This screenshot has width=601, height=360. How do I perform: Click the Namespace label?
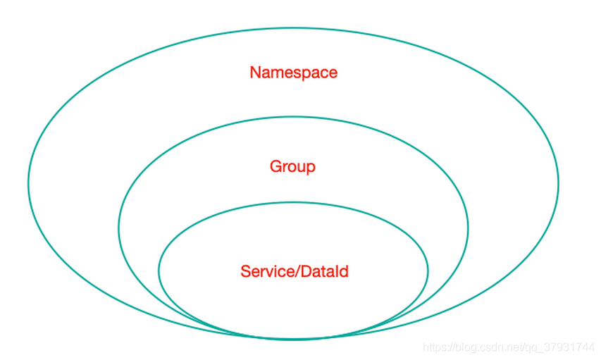coord(293,73)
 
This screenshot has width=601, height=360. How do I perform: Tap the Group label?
coord(292,167)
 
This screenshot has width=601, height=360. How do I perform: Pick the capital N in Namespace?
coord(255,73)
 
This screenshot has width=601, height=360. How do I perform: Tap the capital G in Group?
coord(275,167)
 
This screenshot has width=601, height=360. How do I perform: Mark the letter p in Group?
coord(311,169)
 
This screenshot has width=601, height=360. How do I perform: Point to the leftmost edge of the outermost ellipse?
coord(29,183)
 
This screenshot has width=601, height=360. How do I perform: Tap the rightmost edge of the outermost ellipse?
coord(558,183)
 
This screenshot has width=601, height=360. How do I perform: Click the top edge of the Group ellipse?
coord(293,116)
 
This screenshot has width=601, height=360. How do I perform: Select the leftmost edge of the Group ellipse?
coord(119,228)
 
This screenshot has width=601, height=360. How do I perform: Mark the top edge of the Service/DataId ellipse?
coord(293,203)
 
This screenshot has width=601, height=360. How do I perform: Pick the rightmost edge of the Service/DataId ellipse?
coord(428,271)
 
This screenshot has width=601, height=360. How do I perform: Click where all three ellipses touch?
coord(293,339)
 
